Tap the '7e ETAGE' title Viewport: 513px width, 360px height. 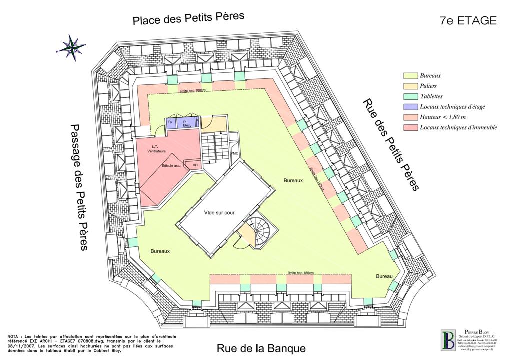pyautogui.click(x=468, y=20)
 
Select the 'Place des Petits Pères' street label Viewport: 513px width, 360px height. pyautogui.click(x=188, y=18)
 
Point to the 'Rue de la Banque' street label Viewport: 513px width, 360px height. pyautogui.click(x=261, y=348)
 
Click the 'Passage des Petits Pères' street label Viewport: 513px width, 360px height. pyautogui.click(x=78, y=187)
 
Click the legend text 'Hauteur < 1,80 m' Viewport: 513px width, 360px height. pyautogui.click(x=443, y=117)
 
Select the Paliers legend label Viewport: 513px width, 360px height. pyautogui.click(x=429, y=86)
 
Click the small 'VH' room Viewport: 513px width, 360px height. pyautogui.click(x=195, y=165)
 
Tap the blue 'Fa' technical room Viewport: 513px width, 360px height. pyautogui.click(x=170, y=123)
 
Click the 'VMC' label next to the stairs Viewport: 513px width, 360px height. pyautogui.click(x=234, y=153)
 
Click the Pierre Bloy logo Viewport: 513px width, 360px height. pyautogui.click(x=447, y=341)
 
